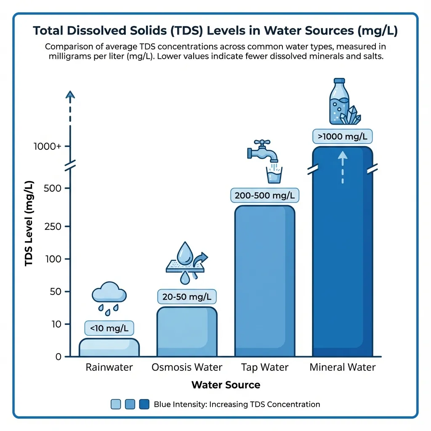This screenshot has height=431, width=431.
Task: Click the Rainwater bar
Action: [x=109, y=348]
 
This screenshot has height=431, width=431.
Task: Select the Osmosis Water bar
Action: [x=186, y=332]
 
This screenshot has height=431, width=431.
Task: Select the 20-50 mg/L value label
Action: [x=186, y=297]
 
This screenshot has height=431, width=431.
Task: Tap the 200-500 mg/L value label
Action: [x=264, y=195]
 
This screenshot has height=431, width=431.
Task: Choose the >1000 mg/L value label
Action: [x=343, y=136]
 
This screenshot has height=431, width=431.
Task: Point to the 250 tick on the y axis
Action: [x=53, y=226]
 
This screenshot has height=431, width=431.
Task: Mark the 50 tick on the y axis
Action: [x=55, y=291]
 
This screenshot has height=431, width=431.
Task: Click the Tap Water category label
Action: [x=265, y=367]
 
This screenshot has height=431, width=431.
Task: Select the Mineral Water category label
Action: [x=343, y=367]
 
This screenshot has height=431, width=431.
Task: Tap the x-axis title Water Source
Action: [x=226, y=385]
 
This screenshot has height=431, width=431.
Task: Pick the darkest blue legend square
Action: [x=144, y=404]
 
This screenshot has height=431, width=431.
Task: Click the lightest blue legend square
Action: [x=116, y=404]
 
